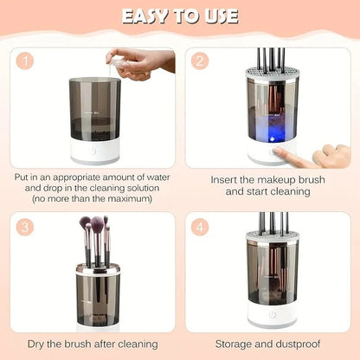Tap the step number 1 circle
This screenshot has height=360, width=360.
pyautogui.click(x=27, y=62)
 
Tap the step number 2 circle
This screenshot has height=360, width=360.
pyautogui.click(x=201, y=62)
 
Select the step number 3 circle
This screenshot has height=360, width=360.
pyautogui.click(x=27, y=228)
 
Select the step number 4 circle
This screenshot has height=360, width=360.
pyautogui.click(x=201, y=228)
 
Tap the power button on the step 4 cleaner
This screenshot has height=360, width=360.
pyautogui.click(x=273, y=316)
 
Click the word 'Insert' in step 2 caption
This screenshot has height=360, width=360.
pyautogui.click(x=227, y=180)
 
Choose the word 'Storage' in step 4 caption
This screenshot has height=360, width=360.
pyautogui.click(x=235, y=344)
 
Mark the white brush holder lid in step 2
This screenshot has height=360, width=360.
pyautogui.click(x=273, y=75)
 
